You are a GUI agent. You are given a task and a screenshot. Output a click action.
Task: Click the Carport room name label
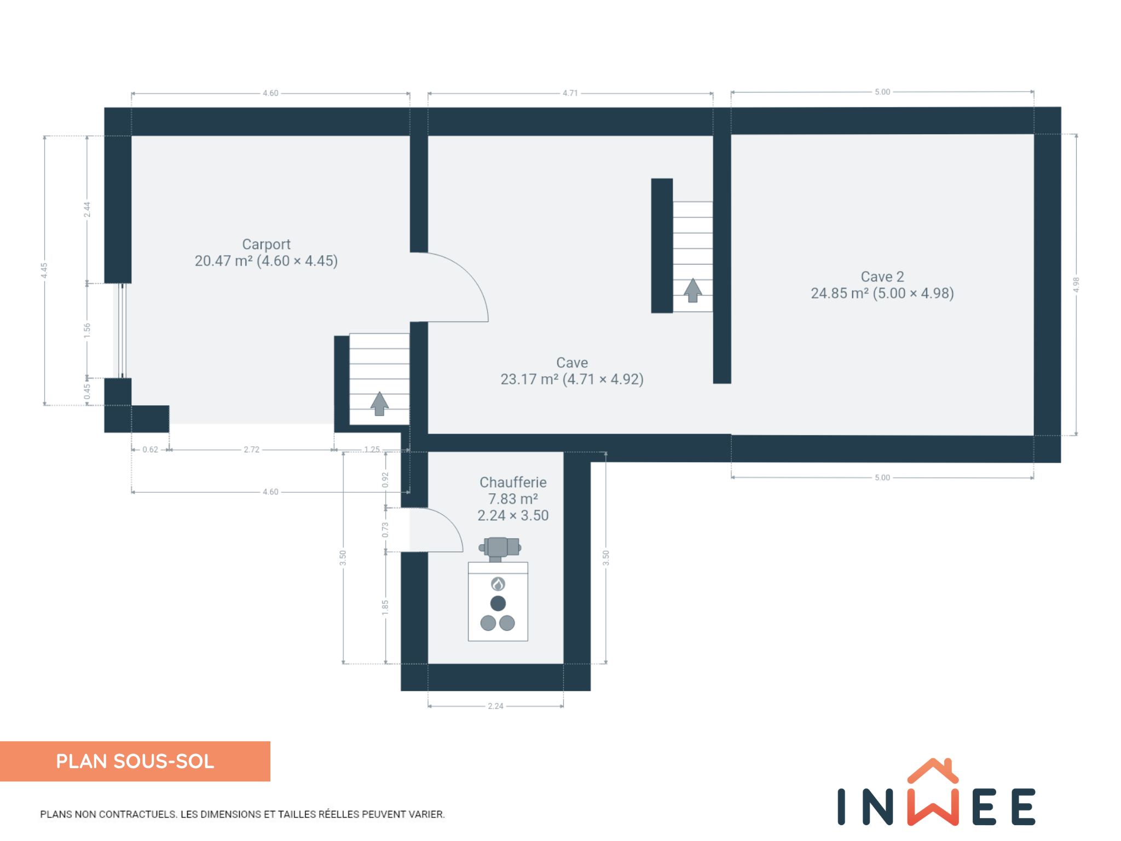[266, 245]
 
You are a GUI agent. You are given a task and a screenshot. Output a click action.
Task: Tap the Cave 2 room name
[882, 277]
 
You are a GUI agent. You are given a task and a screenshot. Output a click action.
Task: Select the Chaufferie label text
[513, 482]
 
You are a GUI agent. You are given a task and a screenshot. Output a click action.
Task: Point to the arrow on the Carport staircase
[379, 404]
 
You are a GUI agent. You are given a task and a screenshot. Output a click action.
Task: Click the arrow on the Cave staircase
[692, 290]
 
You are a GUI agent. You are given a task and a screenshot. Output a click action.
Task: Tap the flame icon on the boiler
[498, 584]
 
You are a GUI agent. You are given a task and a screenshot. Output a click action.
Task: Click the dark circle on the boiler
[498, 603]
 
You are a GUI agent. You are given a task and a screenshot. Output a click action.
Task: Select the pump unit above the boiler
[500, 548]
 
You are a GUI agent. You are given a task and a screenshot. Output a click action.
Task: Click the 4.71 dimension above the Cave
[570, 93]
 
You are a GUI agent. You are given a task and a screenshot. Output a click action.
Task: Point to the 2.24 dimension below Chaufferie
[495, 706]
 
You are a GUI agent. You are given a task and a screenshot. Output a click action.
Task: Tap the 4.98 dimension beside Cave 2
[1076, 285]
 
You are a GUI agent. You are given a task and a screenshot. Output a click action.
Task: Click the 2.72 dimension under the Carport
[251, 450]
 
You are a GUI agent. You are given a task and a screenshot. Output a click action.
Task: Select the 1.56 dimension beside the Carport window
[87, 331]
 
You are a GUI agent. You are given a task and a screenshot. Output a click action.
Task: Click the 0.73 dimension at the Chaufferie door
[385, 529]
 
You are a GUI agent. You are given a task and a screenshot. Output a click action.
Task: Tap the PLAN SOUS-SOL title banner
[135, 761]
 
